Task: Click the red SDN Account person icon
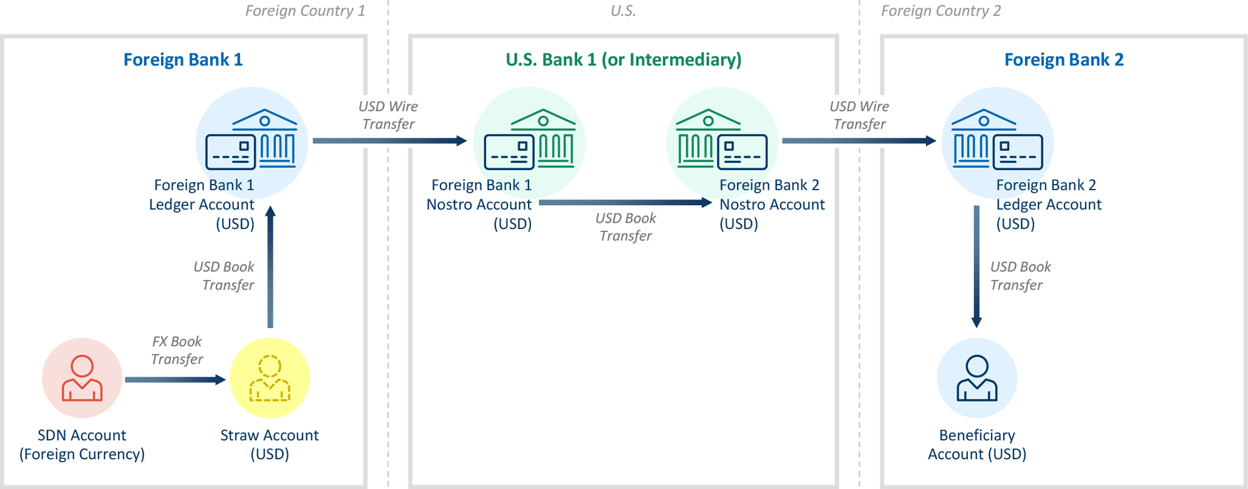tap(82, 378)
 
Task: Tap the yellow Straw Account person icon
tap(270, 378)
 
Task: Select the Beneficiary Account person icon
tap(977, 378)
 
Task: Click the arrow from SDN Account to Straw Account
tap(175, 379)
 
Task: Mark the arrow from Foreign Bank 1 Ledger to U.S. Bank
tap(389, 140)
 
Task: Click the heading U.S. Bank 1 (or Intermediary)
tap(623, 60)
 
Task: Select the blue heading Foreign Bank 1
tap(183, 60)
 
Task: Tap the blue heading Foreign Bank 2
tap(1064, 60)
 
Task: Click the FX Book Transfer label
tap(177, 350)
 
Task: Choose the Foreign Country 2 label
tap(940, 11)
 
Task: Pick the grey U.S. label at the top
tap(623, 11)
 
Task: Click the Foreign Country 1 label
tap(305, 11)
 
